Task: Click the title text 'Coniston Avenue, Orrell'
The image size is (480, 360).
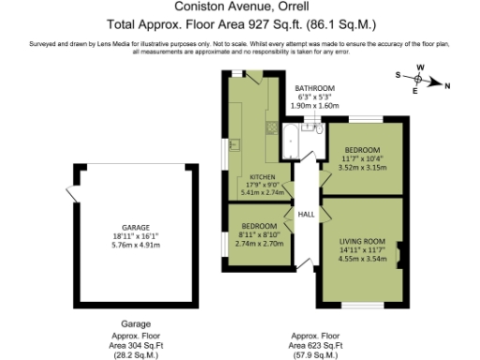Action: (x=239, y=7)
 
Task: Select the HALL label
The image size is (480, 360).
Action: (x=306, y=214)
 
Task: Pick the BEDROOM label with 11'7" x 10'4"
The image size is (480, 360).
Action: (x=361, y=151)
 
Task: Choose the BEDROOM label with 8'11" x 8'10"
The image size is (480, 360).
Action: (x=260, y=227)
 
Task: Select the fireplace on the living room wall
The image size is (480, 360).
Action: (x=400, y=253)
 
